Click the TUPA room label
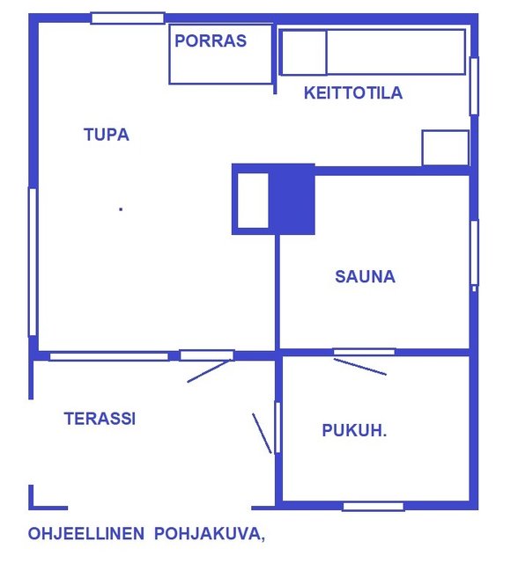pyautogui.click(x=107, y=135)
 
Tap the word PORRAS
pyautogui.click(x=211, y=40)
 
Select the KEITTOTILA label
pyautogui.click(x=353, y=92)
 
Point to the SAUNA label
pyautogui.click(x=366, y=276)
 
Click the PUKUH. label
pyautogui.click(x=354, y=430)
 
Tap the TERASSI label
pyautogui.click(x=100, y=419)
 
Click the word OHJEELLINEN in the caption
pyautogui.click(x=86, y=534)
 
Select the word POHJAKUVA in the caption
pyautogui.click(x=207, y=534)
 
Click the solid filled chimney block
pyautogui.click(x=292, y=200)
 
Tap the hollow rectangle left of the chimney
pyautogui.click(x=253, y=201)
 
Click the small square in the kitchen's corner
pyautogui.click(x=446, y=148)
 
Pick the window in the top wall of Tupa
pyautogui.click(x=128, y=18)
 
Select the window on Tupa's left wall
pyautogui.click(x=33, y=262)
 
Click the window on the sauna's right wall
pyautogui.click(x=475, y=252)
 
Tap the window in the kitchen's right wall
pyautogui.click(x=475, y=86)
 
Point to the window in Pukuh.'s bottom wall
pyautogui.click(x=374, y=507)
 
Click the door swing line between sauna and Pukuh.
pyautogui.click(x=360, y=367)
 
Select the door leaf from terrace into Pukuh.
pyautogui.click(x=262, y=434)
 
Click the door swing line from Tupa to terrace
pyautogui.click(x=209, y=371)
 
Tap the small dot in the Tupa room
pyautogui.click(x=121, y=209)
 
